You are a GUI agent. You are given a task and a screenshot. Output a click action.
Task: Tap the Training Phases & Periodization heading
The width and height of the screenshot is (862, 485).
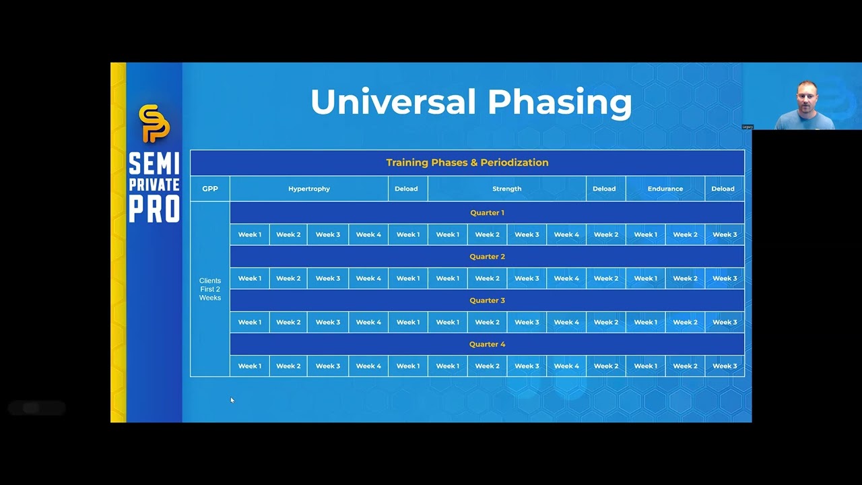tap(467, 162)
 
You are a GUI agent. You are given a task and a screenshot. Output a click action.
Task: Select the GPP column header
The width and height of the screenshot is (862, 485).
tap(210, 189)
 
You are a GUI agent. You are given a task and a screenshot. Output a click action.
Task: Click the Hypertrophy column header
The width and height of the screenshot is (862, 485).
tap(309, 189)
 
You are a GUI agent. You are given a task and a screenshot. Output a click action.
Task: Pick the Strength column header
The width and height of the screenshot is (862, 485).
tap(507, 189)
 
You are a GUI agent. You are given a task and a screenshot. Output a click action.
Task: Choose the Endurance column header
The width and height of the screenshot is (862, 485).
tap(665, 189)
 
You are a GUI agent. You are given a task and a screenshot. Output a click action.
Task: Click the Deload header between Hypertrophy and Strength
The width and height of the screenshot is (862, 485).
tap(406, 189)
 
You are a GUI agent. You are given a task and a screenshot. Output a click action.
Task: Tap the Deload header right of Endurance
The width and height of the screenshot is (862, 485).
tap(723, 189)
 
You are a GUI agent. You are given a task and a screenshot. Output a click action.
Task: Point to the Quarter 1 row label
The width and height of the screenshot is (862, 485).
tap(487, 213)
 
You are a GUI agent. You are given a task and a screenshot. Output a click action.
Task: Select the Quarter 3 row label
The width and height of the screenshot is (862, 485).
tap(487, 300)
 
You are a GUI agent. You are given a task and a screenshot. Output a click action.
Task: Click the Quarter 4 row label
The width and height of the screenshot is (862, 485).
tap(487, 344)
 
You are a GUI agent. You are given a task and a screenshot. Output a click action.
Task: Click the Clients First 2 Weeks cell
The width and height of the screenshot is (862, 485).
tap(210, 289)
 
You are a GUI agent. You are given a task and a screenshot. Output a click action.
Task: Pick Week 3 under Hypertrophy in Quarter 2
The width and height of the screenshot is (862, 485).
tap(328, 278)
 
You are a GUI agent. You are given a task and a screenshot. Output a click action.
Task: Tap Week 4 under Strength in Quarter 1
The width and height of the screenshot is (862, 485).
tap(566, 234)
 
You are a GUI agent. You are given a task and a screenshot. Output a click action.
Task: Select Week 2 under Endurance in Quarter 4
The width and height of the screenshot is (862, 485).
tap(685, 366)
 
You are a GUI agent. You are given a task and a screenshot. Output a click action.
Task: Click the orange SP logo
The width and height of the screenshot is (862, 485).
tap(154, 123)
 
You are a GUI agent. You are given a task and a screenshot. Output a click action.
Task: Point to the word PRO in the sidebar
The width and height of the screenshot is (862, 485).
tap(154, 209)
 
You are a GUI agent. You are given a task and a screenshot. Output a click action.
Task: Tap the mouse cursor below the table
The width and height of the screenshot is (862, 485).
tap(232, 400)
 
